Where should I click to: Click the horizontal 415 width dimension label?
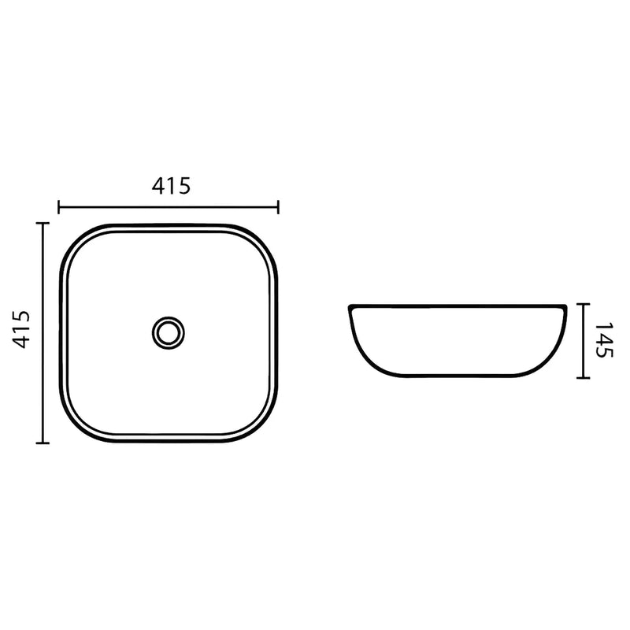pos(170,187)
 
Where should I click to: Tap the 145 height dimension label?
pos(602,340)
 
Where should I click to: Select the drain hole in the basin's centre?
pos(167,331)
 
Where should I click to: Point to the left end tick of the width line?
pos(60,207)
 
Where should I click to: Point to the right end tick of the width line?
pos(278,207)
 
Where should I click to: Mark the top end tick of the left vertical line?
pos(43,224)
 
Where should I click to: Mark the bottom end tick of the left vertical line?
pos(43,443)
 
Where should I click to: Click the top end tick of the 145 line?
pos(582,303)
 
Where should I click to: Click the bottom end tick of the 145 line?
pos(582,377)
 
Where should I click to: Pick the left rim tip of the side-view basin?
pos(350,307)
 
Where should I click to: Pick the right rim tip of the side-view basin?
pos(565,307)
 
